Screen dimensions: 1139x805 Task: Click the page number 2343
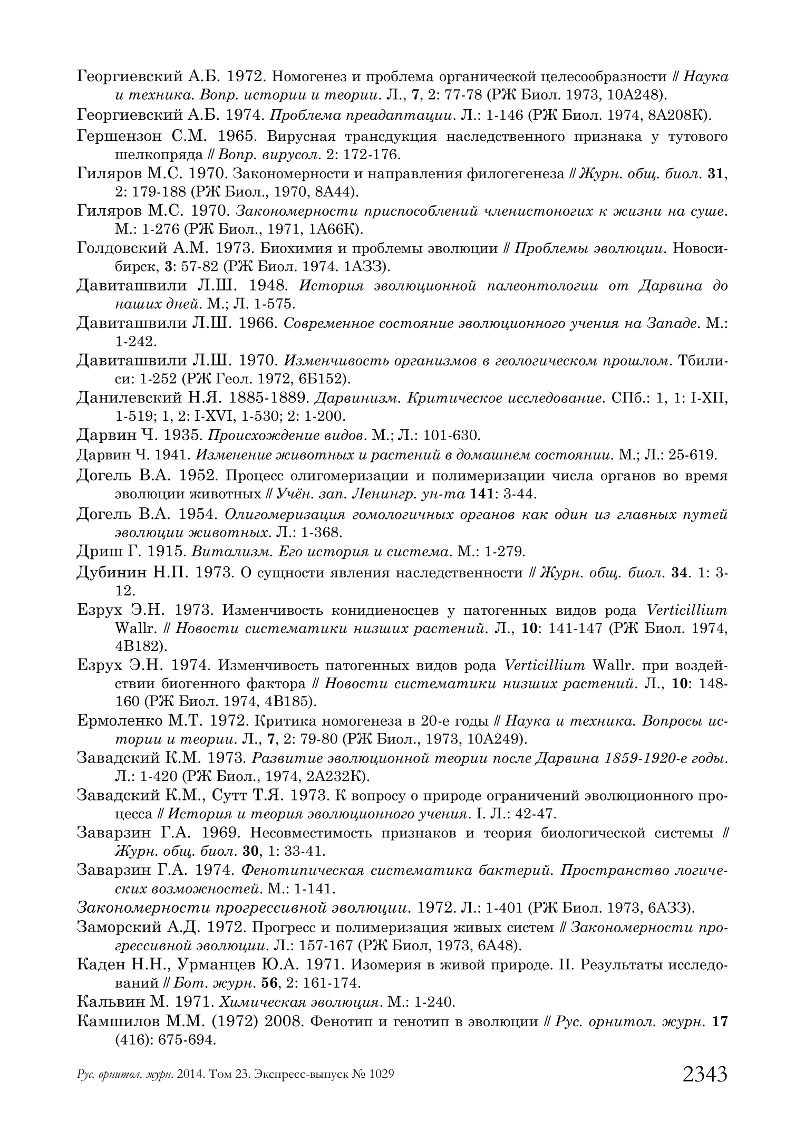705,1074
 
